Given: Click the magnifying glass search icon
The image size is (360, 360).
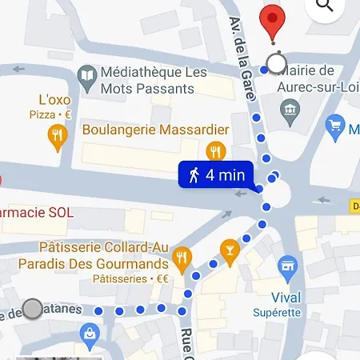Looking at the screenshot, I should tap(325, 6).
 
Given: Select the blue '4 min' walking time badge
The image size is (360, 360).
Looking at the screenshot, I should tap(215, 175).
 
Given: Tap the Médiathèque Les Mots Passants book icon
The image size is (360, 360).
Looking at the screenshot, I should tap(87, 77).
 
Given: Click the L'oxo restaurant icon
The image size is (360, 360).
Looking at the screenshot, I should tap(56, 136).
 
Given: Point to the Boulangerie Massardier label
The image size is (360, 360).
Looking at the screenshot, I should tap(155, 130).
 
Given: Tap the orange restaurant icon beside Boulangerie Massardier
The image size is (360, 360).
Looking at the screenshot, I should tap(215, 150).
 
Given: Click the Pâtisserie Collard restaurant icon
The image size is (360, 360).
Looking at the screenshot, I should tap(182, 258).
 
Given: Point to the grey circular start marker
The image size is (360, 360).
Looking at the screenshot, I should tap(33, 309).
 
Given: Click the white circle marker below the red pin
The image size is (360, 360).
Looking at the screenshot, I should tap(277, 64).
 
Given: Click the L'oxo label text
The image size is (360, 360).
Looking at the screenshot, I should tap(55, 100).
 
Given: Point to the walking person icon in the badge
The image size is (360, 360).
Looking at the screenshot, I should tap(193, 175).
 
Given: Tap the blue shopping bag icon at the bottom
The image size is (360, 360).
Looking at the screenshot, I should tap(92, 334).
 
